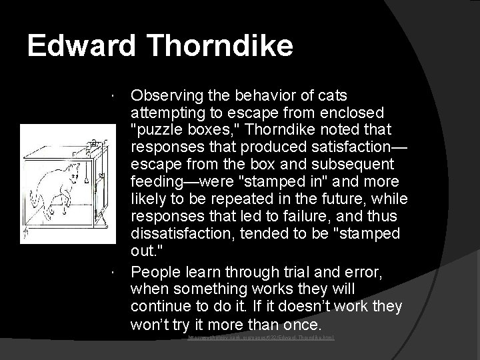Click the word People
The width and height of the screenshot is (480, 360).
point(155,271)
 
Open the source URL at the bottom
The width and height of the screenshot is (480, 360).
point(261,338)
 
